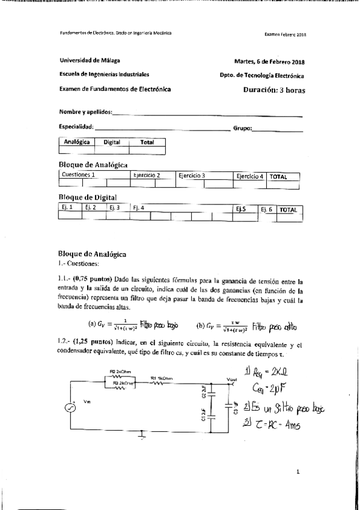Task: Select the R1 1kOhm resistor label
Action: [162, 378]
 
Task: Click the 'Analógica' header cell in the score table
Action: [77, 143]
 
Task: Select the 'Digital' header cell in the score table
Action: [112, 143]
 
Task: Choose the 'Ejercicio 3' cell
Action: [192, 176]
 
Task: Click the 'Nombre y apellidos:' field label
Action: [85, 112]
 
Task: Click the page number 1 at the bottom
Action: [298, 473]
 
